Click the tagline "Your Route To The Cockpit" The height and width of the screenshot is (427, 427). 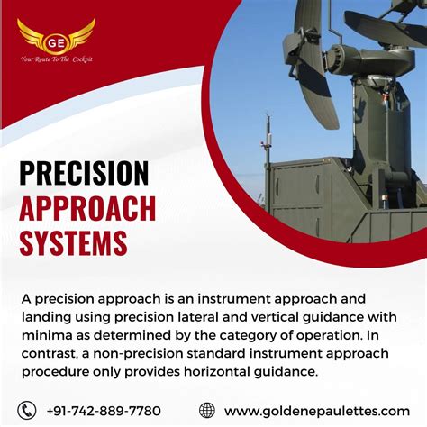[x=56, y=59]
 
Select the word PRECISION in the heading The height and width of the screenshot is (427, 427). [x=84, y=173]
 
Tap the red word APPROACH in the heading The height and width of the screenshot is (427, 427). [x=87, y=208]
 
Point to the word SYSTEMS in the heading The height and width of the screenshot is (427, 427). [x=73, y=242]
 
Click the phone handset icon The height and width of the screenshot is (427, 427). [x=28, y=410]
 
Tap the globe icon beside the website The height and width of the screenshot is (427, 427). [x=207, y=410]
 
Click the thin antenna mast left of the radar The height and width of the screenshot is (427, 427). [x=266, y=149]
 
